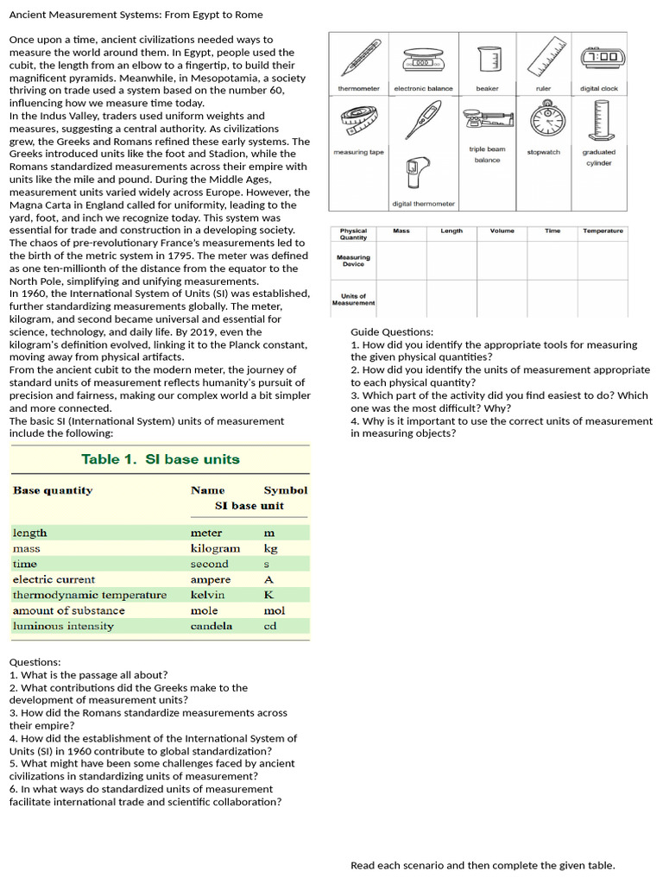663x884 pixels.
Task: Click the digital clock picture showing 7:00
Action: tap(602, 57)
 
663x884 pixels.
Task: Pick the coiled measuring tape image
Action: tap(357, 121)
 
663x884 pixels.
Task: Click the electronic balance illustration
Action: tap(423, 60)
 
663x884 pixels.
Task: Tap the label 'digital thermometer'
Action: tap(423, 204)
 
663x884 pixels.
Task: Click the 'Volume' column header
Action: tap(502, 230)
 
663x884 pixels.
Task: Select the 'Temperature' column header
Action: tap(603, 230)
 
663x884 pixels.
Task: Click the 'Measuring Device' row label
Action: tap(353, 260)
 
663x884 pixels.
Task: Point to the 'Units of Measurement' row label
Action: tap(353, 300)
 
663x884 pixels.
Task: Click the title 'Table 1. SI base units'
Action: tap(161, 459)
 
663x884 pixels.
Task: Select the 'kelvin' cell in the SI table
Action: tap(207, 595)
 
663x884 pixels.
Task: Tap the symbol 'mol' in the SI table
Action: tap(274, 610)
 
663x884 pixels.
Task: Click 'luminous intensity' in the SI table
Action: tap(63, 626)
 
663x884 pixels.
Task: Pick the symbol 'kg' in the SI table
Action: tap(270, 548)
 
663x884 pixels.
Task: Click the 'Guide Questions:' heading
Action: tap(392, 331)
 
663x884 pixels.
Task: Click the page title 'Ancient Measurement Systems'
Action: tap(136, 15)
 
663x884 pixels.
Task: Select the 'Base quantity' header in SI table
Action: tap(53, 490)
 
